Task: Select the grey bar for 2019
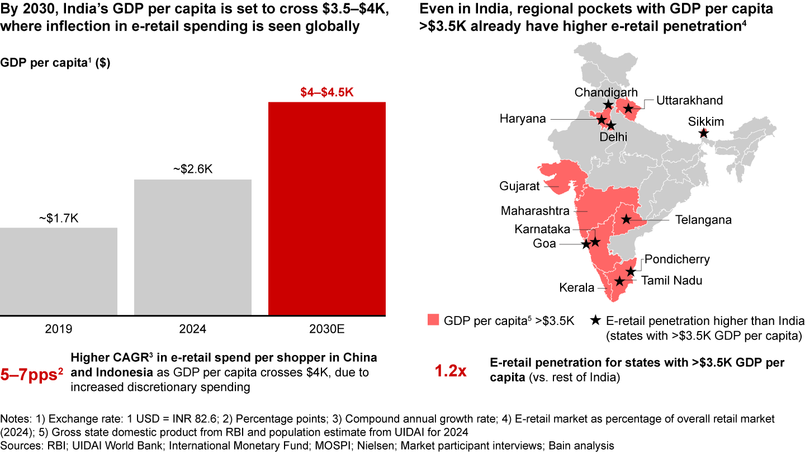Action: coord(59,271)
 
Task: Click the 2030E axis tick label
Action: coord(326,329)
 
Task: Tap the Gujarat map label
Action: coord(520,186)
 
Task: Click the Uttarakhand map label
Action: coord(689,101)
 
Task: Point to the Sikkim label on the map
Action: coord(707,121)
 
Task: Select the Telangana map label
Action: coord(703,220)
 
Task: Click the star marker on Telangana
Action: coord(626,220)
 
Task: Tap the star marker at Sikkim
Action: coord(704,133)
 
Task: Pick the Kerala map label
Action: coord(577,288)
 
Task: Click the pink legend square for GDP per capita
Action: coord(433,320)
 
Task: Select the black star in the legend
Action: coord(596,320)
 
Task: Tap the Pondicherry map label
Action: coord(677,259)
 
